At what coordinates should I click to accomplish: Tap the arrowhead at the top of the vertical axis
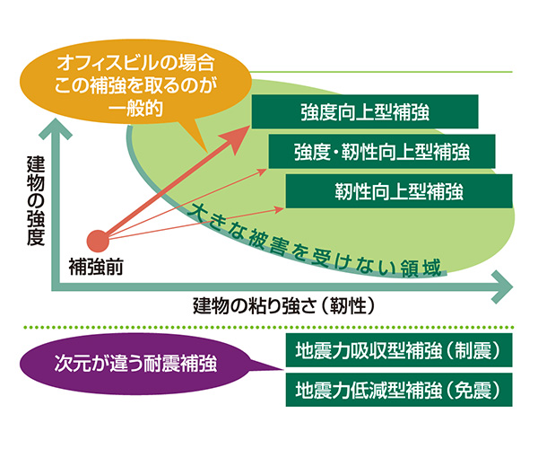[x=56, y=133]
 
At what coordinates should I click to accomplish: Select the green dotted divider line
[x=269, y=325]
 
